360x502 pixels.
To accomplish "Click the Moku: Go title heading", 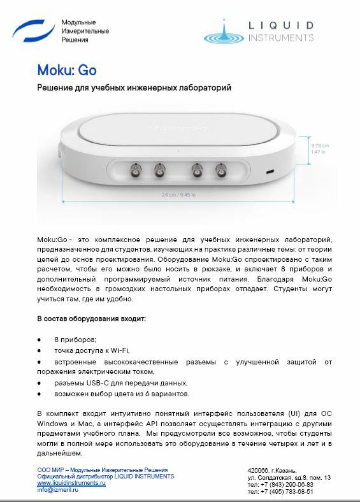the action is point(66,69).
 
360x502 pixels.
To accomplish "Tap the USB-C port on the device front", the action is point(270,171).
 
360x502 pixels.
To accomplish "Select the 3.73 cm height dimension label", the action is point(319,145).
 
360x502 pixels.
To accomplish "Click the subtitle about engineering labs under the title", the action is point(133,87).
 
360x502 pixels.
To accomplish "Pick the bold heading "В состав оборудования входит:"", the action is point(91,318).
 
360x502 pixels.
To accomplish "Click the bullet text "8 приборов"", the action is point(75,340).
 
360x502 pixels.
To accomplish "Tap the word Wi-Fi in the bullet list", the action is point(119,350).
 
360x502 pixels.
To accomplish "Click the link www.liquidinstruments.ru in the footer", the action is point(71,484).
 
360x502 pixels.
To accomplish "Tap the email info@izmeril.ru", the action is point(57,490).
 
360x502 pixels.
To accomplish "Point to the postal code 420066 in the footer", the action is point(258,470).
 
